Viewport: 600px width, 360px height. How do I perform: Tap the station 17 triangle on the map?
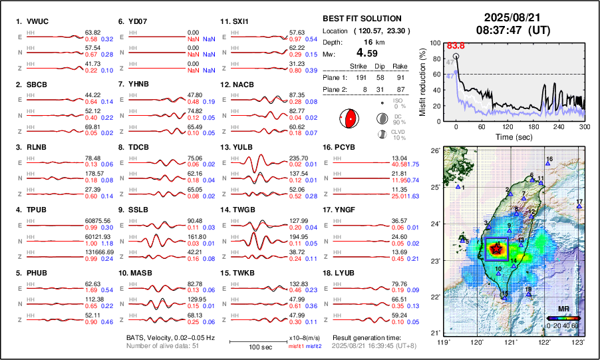point(579,207)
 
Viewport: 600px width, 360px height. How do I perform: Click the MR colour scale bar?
point(563,318)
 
